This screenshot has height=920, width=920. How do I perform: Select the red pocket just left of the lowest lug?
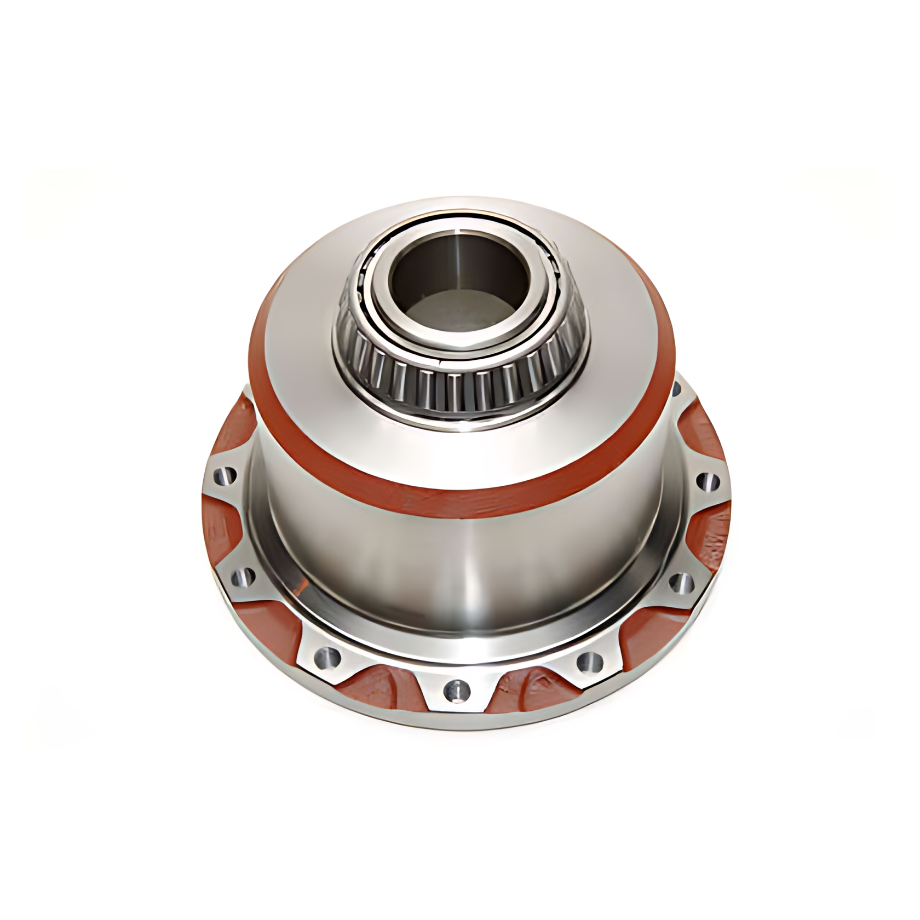383,687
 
